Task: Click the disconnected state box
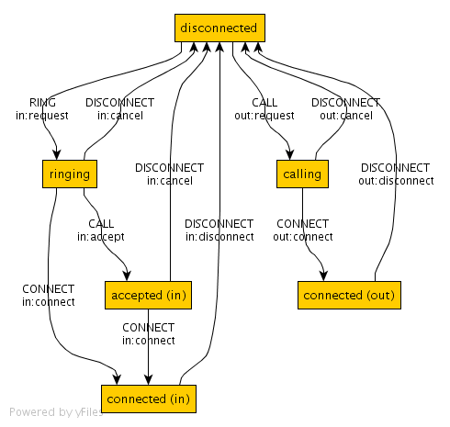(219, 28)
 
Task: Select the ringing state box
(70, 174)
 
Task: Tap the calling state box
(302, 174)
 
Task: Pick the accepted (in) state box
(148, 295)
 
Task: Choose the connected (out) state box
(349, 295)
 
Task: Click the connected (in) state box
(149, 399)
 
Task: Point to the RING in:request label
(42, 109)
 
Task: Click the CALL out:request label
(264, 109)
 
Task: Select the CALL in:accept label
(101, 230)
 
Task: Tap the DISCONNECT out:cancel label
(346, 109)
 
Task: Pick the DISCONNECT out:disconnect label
(396, 174)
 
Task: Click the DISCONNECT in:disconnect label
(219, 230)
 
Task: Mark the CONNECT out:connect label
(303, 230)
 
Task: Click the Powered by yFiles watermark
(56, 412)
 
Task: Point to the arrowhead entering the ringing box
(57, 154)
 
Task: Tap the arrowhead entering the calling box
(289, 154)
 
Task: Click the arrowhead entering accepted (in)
(127, 275)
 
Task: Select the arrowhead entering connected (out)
(323, 275)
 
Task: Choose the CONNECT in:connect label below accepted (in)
(149, 334)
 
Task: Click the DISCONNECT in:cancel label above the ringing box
(120, 109)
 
